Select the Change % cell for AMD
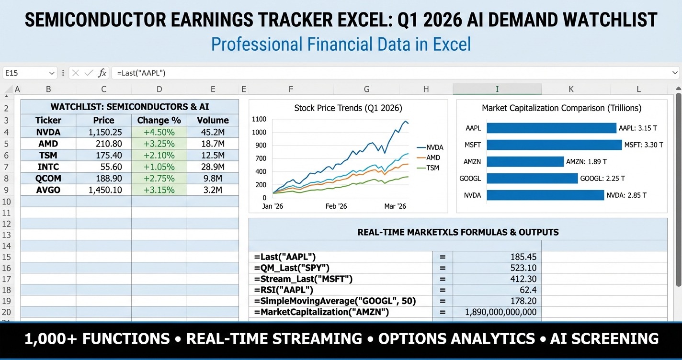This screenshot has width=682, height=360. (159, 144)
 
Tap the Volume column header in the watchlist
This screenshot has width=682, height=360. (213, 120)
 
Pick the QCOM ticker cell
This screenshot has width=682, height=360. (48, 179)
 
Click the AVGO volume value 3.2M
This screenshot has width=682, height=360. (213, 190)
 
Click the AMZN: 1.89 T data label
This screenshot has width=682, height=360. (586, 162)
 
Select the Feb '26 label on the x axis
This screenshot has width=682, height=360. (336, 206)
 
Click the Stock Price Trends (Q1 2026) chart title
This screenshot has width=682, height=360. (348, 108)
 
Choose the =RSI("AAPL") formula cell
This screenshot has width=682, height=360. (284, 290)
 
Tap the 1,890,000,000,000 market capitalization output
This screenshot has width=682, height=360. (500, 312)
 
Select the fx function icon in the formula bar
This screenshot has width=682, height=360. (102, 73)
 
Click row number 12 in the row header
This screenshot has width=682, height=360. (7, 224)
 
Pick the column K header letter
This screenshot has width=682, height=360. (570, 89)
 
